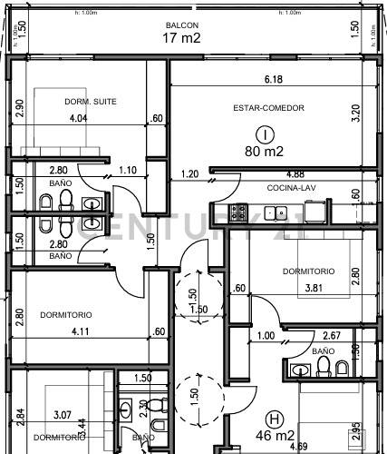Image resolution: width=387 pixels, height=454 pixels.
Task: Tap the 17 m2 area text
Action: click(x=181, y=37)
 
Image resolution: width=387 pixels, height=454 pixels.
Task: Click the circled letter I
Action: click(x=265, y=133)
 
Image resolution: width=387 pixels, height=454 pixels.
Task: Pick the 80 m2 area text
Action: click(x=265, y=152)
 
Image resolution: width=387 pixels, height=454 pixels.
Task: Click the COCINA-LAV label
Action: click(x=288, y=188)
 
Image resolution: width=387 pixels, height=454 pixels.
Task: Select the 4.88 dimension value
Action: click(x=295, y=174)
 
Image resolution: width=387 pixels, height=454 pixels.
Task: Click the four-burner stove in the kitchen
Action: click(x=238, y=212)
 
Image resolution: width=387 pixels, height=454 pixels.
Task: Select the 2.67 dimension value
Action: click(x=332, y=336)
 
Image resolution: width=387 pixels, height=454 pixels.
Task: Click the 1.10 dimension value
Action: click(x=128, y=170)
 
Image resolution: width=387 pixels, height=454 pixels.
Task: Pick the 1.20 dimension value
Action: click(x=189, y=173)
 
